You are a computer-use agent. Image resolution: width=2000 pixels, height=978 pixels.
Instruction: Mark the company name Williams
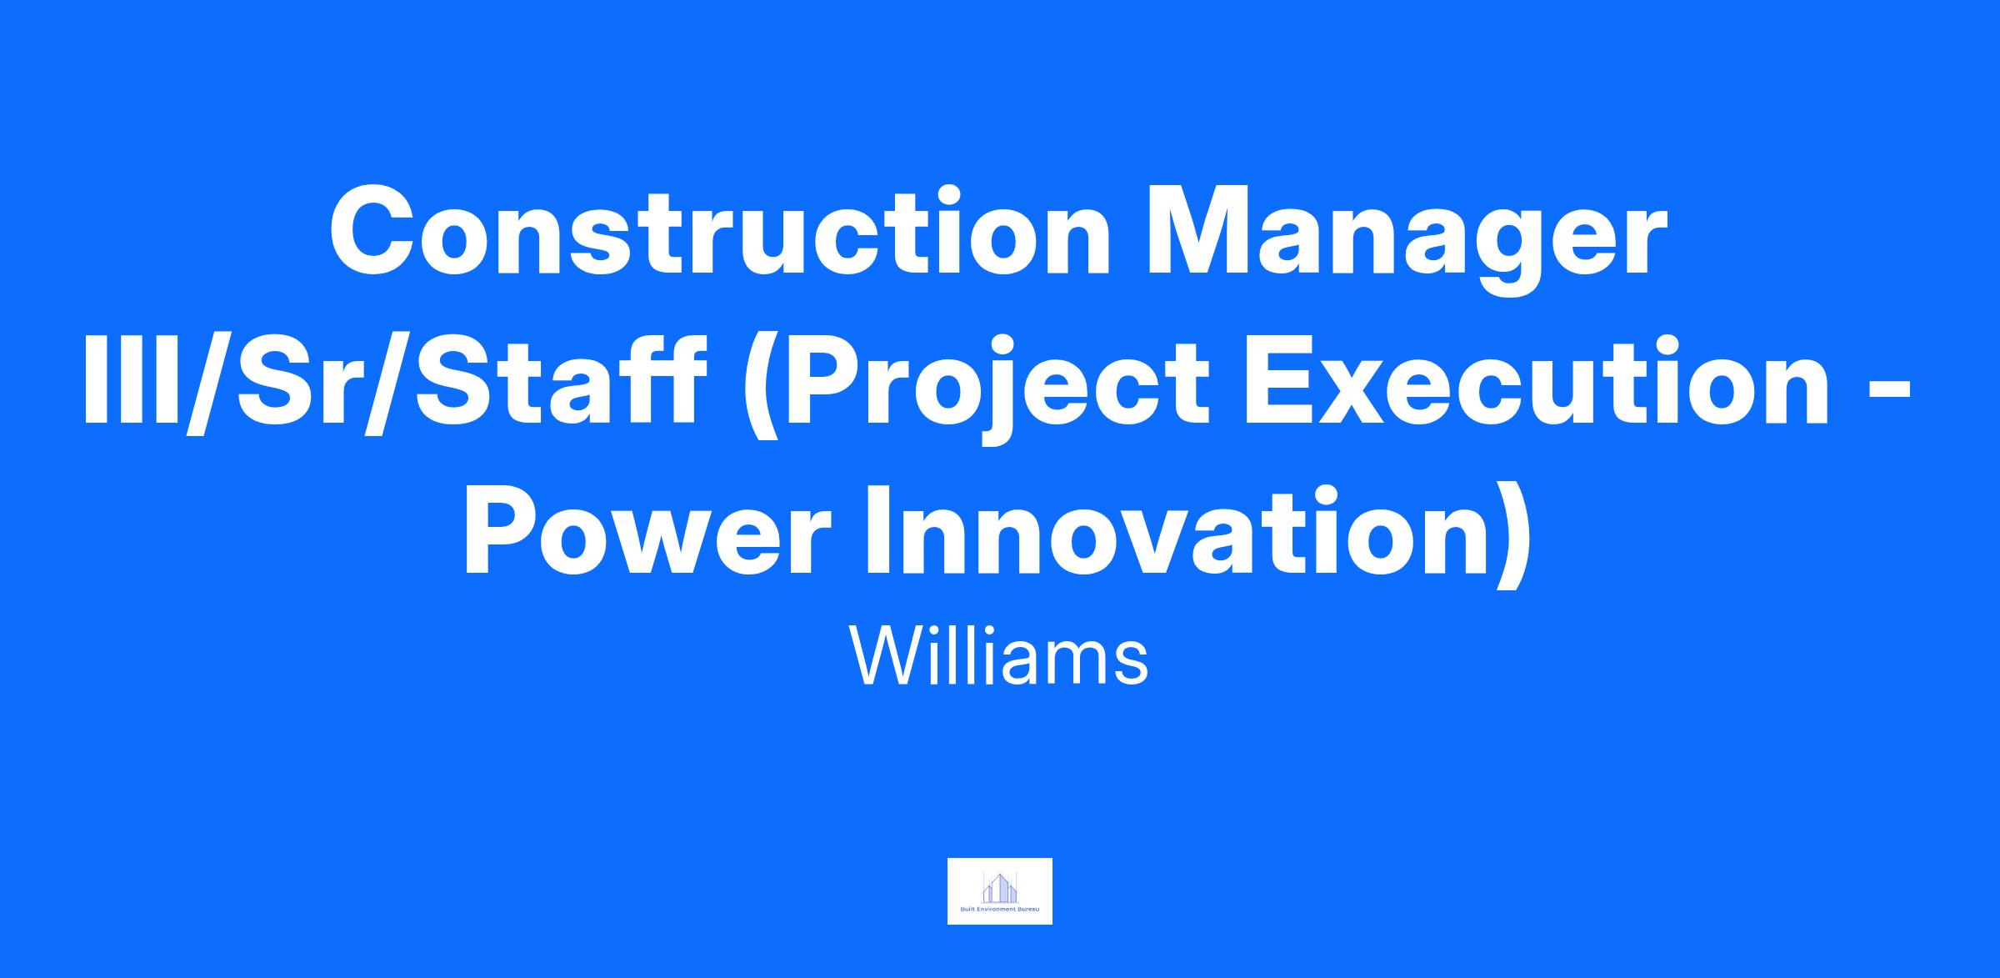click(999, 655)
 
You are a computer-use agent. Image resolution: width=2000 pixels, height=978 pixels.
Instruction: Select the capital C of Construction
click(375, 228)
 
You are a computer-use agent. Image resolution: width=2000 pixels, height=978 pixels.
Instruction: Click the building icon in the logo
click(999, 886)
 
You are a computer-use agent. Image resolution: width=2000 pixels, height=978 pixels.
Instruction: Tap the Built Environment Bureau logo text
click(999, 910)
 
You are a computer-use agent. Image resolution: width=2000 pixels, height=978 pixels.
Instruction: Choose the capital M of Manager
click(1202, 228)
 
